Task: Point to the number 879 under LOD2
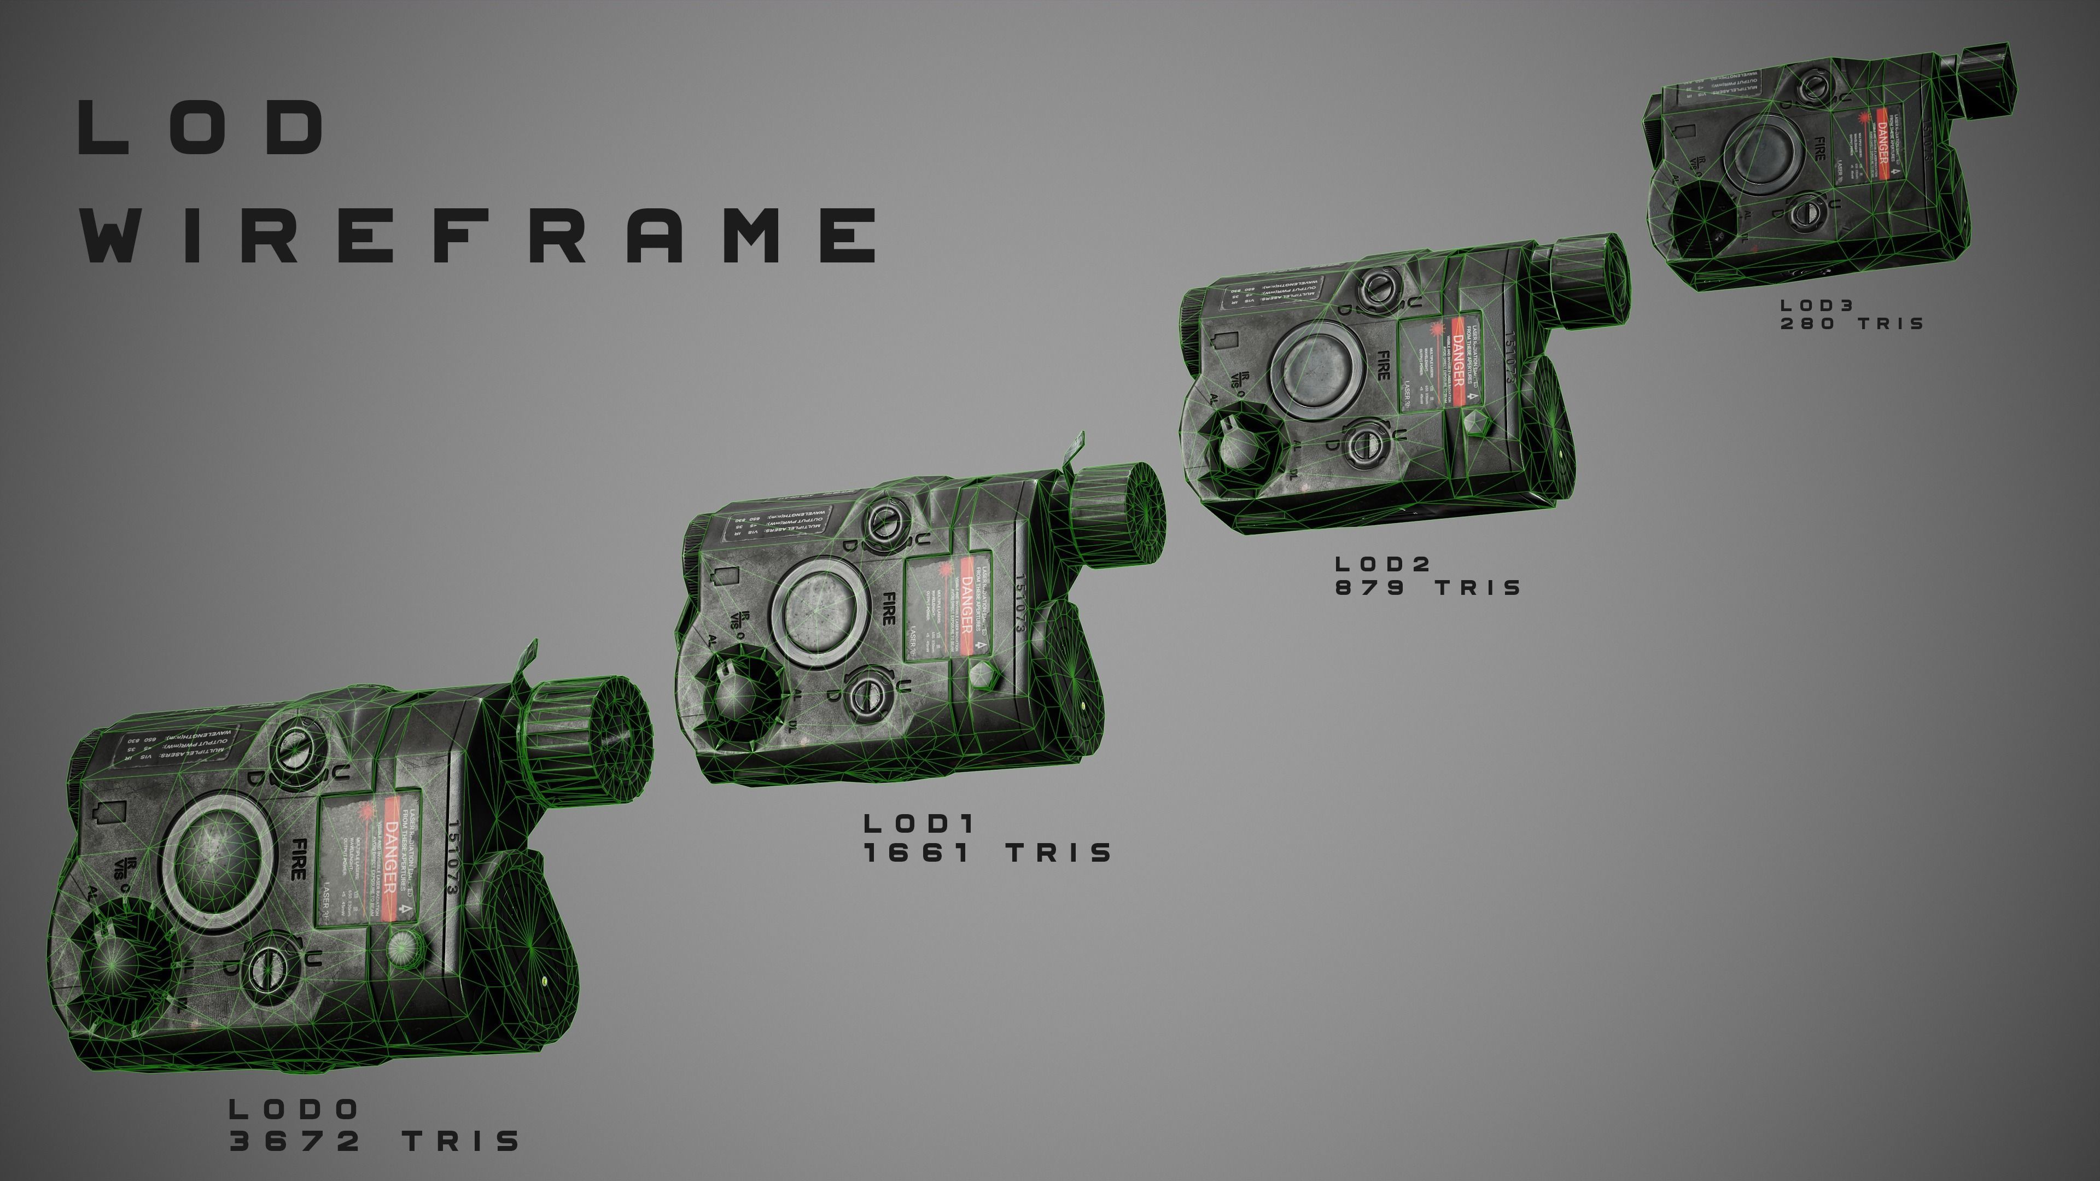click(x=1369, y=588)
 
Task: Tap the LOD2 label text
click(x=1382, y=563)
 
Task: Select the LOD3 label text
click(x=1817, y=305)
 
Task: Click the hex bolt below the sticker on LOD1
click(x=982, y=673)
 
